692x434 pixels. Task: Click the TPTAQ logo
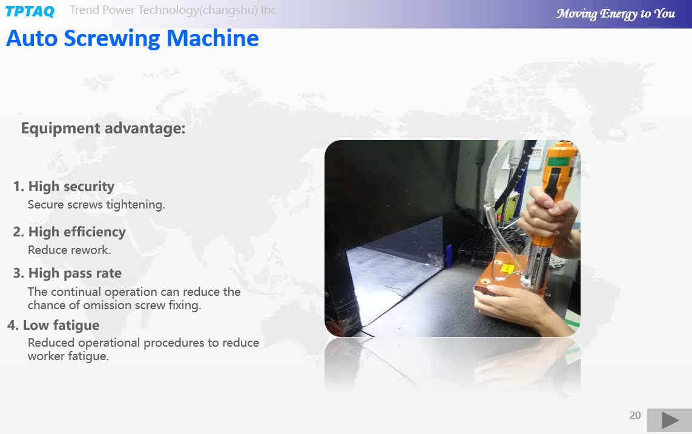click(30, 11)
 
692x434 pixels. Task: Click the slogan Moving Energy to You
click(616, 14)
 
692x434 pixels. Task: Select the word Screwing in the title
click(112, 38)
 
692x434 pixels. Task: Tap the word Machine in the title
click(213, 38)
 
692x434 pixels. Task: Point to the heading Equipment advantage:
click(104, 128)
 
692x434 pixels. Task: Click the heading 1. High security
click(64, 187)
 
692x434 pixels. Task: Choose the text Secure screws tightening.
click(96, 205)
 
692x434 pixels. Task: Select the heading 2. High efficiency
click(69, 232)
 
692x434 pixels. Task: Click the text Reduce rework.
click(69, 250)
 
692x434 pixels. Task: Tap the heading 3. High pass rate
click(67, 273)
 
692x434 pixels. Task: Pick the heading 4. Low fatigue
click(53, 326)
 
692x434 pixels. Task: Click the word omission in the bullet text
click(107, 305)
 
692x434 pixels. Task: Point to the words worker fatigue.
click(68, 356)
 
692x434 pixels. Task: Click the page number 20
click(635, 415)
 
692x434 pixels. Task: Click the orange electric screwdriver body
click(558, 177)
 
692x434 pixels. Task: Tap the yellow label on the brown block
click(507, 269)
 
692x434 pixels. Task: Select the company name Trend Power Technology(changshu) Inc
click(173, 10)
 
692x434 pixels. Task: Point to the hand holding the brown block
click(507, 305)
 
